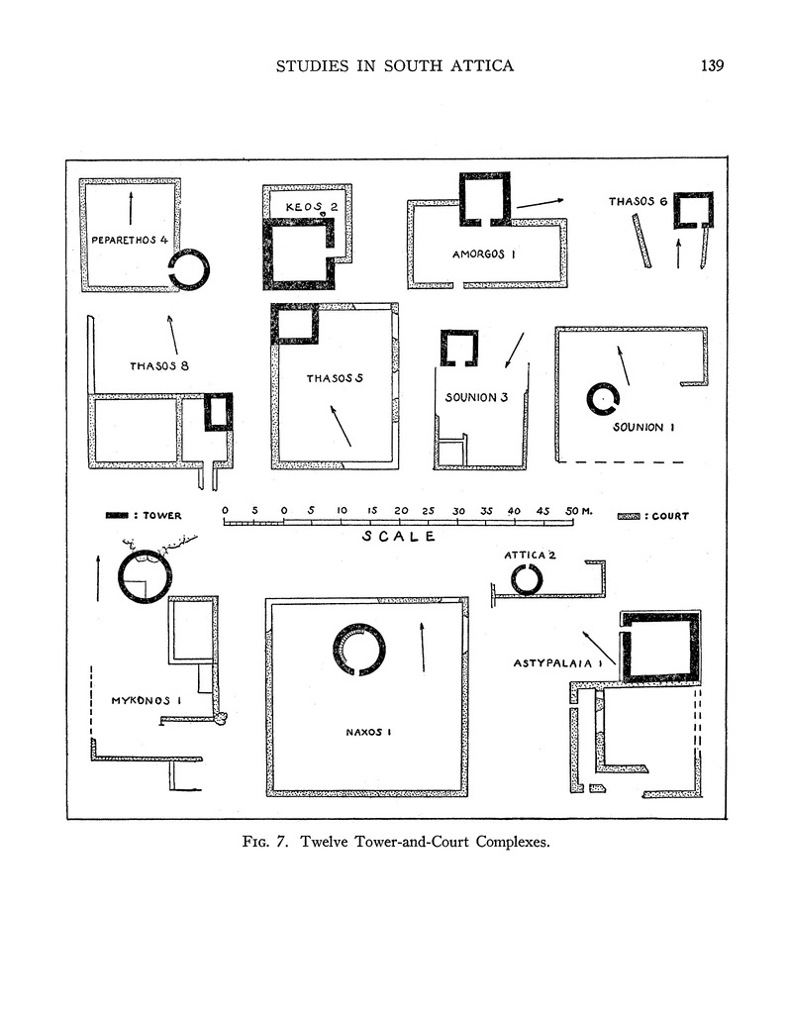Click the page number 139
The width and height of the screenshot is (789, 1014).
(712, 66)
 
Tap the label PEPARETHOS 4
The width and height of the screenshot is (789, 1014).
(136, 241)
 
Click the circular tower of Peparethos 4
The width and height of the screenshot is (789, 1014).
(188, 268)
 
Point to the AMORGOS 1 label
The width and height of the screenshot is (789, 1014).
(484, 254)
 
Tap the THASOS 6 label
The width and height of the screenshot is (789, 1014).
(639, 202)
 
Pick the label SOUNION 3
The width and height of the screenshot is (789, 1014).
(476, 397)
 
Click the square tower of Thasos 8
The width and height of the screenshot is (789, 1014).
(218, 411)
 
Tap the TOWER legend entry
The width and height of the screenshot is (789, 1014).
(144, 515)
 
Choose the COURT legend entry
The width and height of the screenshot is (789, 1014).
(652, 515)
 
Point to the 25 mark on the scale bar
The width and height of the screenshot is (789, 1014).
(429, 511)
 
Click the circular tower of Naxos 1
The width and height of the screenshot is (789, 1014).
(359, 649)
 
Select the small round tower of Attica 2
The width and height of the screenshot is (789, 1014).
(526, 579)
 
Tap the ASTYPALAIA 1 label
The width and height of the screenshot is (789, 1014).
(558, 662)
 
